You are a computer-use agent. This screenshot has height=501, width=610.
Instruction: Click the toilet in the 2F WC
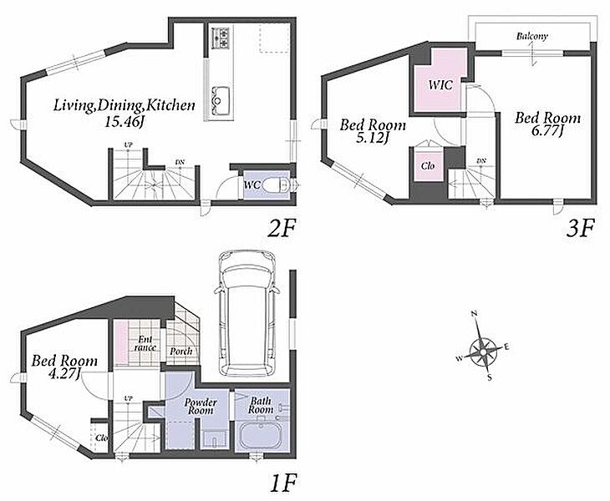click(x=276, y=185)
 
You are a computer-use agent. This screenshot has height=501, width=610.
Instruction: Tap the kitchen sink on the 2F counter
click(x=221, y=101)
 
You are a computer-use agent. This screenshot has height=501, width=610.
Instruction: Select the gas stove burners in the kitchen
click(x=221, y=38)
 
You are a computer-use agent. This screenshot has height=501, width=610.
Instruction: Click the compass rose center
click(x=482, y=352)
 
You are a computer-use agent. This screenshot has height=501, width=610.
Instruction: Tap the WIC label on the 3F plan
click(x=440, y=84)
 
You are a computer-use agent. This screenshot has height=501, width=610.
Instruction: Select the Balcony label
click(x=531, y=37)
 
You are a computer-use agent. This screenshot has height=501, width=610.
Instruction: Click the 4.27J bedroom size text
click(x=64, y=374)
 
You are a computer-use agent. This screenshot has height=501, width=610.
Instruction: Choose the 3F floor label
click(x=580, y=228)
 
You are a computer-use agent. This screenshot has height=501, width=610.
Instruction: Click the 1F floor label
click(x=283, y=483)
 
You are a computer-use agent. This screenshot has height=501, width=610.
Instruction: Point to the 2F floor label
click(x=282, y=228)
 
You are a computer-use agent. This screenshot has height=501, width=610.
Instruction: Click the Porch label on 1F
click(x=180, y=352)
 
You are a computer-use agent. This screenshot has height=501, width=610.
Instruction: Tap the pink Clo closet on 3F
click(x=428, y=166)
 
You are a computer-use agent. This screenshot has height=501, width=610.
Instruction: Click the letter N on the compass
click(x=475, y=314)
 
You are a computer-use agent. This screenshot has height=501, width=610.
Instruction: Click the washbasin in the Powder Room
click(x=215, y=439)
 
